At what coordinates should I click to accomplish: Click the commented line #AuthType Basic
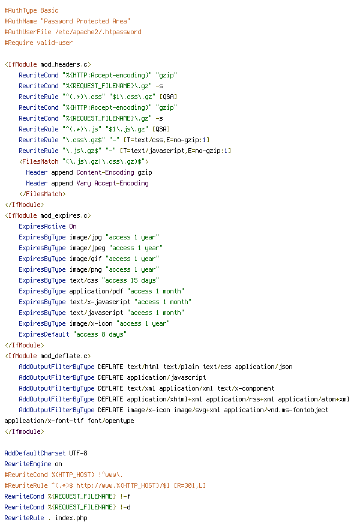pos(31,10)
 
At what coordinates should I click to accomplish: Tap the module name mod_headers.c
pos(64,64)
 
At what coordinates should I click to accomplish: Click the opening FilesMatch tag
pos(84,161)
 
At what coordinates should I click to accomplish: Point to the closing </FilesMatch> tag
pos(43,194)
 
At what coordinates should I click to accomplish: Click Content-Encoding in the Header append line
pos(105,172)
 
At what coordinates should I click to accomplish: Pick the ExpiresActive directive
pos(42,226)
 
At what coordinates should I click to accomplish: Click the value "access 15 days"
pos(130,280)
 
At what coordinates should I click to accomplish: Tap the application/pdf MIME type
pos(97,291)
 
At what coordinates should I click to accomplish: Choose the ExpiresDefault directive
pos(44,334)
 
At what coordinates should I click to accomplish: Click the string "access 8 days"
pos(100,334)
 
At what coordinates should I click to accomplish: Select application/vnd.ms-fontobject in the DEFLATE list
pos(276,410)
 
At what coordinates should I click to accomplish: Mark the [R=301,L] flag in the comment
pos(190,485)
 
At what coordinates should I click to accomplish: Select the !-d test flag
pos(125,507)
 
